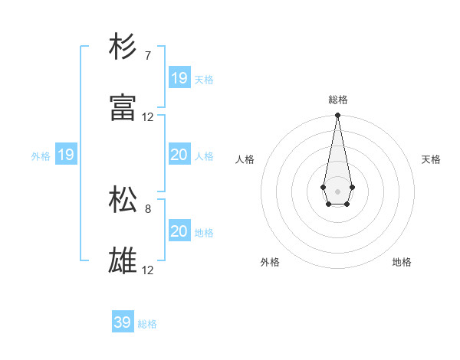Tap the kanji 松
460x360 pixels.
tap(123, 201)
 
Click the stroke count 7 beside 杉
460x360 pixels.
tap(148, 55)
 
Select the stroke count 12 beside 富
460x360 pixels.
tap(148, 117)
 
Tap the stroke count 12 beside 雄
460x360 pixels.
tap(148, 270)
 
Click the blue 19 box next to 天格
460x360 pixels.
tap(179, 77)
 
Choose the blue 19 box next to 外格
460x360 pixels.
tap(65, 155)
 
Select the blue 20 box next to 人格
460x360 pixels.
tap(179, 155)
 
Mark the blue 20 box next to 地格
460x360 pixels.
tap(179, 231)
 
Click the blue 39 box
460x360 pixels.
tap(122, 322)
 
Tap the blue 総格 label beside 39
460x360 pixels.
tap(147, 324)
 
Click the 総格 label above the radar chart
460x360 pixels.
tap(338, 100)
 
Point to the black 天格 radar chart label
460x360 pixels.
tap(432, 159)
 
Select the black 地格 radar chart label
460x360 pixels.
tap(402, 262)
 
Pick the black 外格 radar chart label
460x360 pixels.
tap(270, 262)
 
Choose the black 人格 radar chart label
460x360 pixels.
tap(245, 159)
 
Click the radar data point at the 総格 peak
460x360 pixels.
tap(337, 116)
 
